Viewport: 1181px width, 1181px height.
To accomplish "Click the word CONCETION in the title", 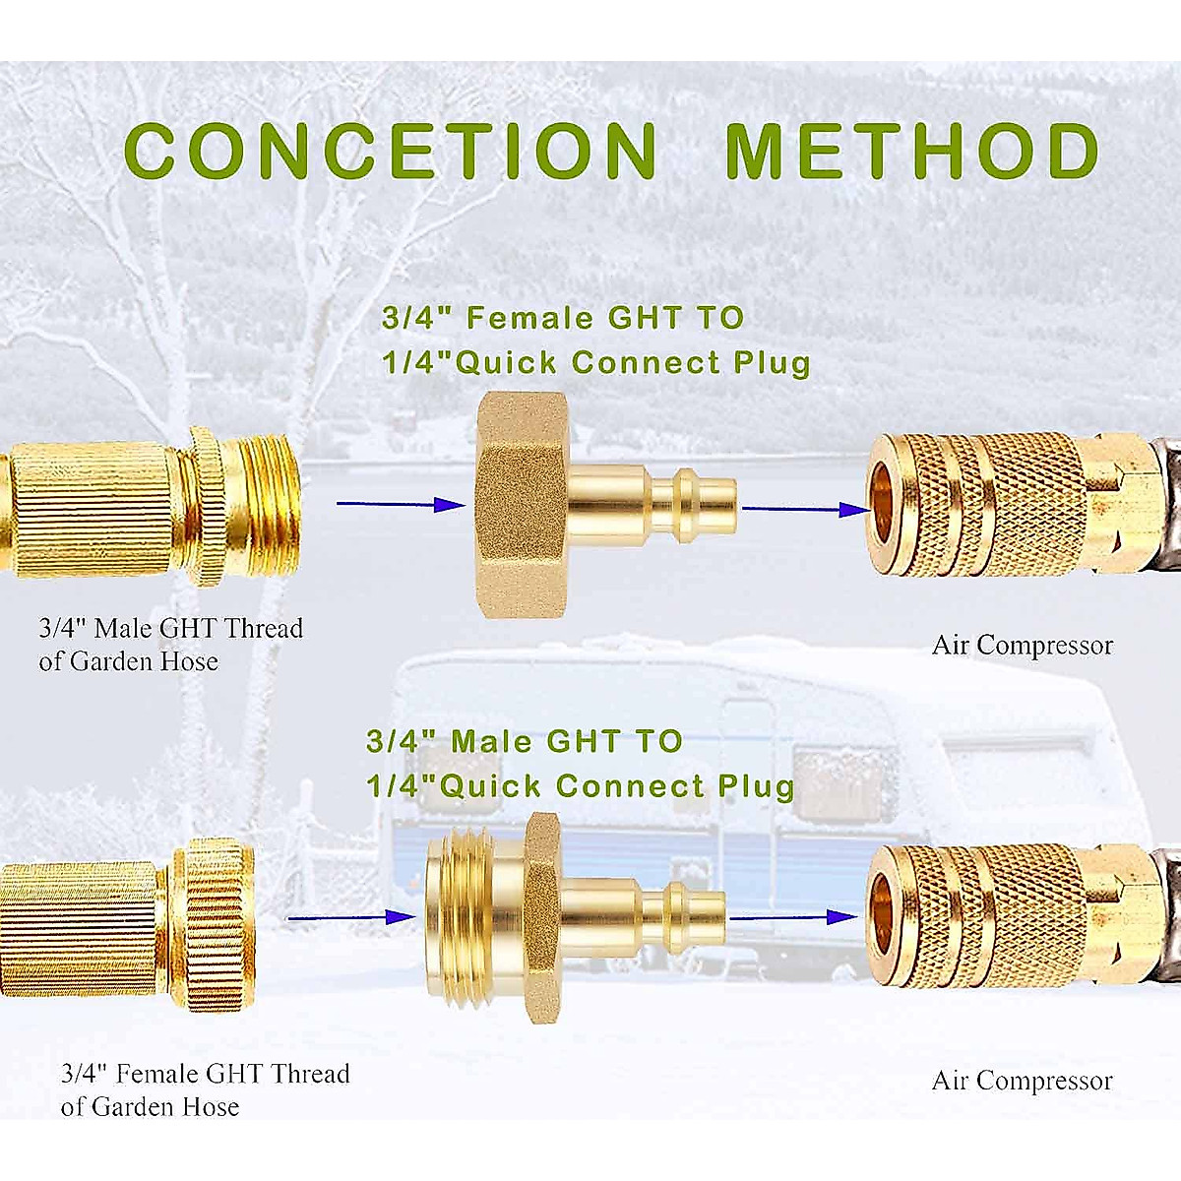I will coord(391,151).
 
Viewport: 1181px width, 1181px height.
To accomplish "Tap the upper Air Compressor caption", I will coord(1022,646).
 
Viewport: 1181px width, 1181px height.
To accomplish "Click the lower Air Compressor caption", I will coord(1022,1081).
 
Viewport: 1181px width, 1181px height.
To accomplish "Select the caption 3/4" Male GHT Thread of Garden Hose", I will coord(170,645).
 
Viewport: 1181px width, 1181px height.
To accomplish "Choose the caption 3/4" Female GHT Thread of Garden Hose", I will coord(205,1089).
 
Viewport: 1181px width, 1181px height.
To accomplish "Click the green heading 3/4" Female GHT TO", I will coord(563,318).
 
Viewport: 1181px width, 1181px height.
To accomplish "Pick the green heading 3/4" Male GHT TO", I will coord(524,741).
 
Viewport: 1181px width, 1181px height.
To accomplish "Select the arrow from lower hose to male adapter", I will coord(350,917).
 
